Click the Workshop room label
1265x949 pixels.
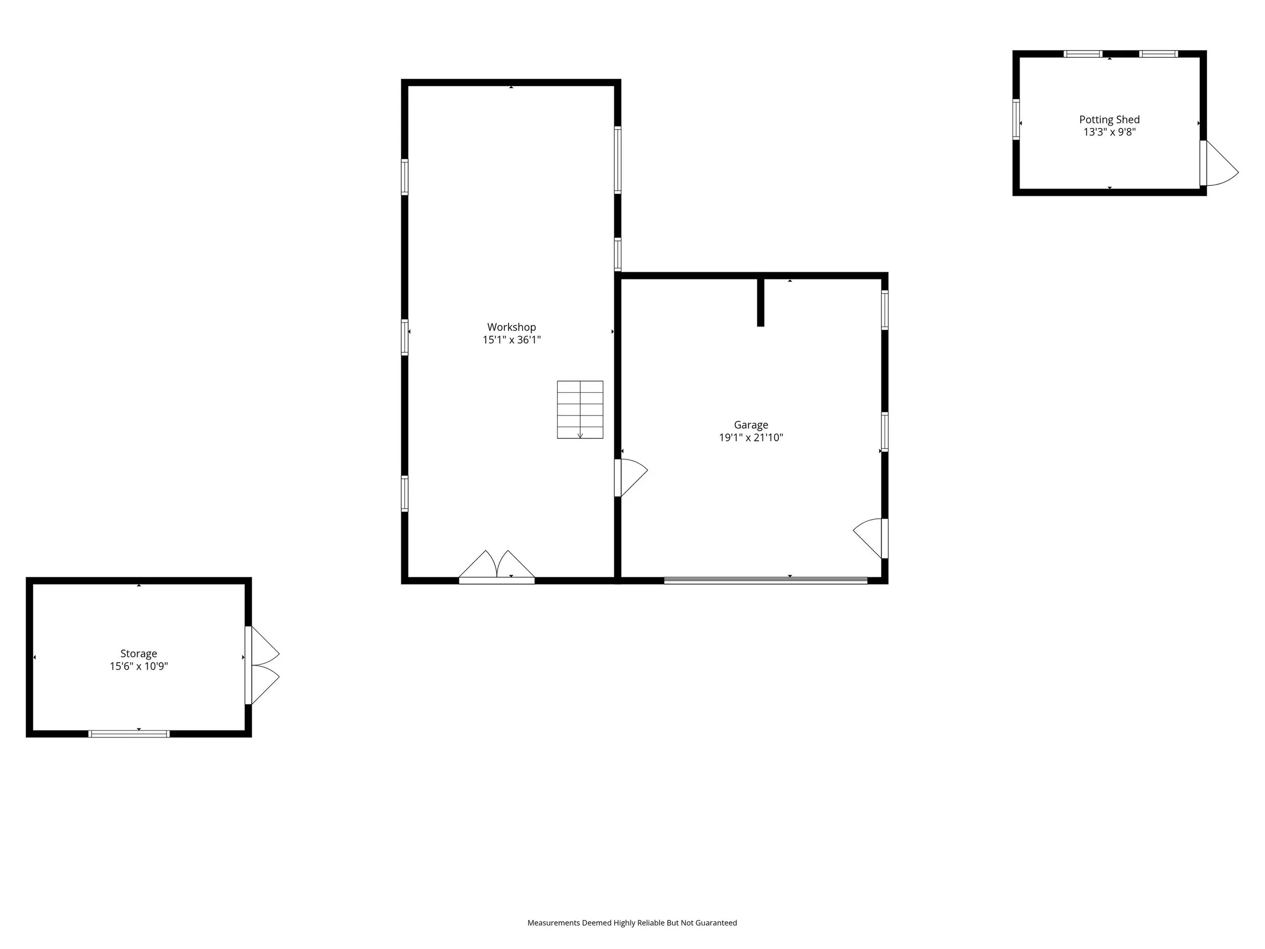coord(511,327)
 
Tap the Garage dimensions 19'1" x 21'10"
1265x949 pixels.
coord(751,438)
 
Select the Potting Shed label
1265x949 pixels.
coord(1110,119)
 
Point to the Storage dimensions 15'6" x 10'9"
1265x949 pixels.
coord(139,666)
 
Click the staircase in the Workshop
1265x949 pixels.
coord(580,409)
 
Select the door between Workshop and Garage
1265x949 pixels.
coord(631,478)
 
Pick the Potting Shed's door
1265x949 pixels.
coord(1218,163)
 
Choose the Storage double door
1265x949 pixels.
coord(262,665)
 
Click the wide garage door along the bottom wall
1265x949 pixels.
coord(766,580)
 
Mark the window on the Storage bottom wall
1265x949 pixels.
coord(129,734)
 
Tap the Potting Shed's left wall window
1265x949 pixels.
coord(1016,119)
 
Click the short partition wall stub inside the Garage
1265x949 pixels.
coord(761,302)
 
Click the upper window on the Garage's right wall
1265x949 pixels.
coord(884,310)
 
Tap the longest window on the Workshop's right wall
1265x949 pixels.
coord(618,160)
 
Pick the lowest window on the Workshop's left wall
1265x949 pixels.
coord(405,493)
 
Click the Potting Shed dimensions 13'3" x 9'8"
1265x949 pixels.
coord(1110,132)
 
